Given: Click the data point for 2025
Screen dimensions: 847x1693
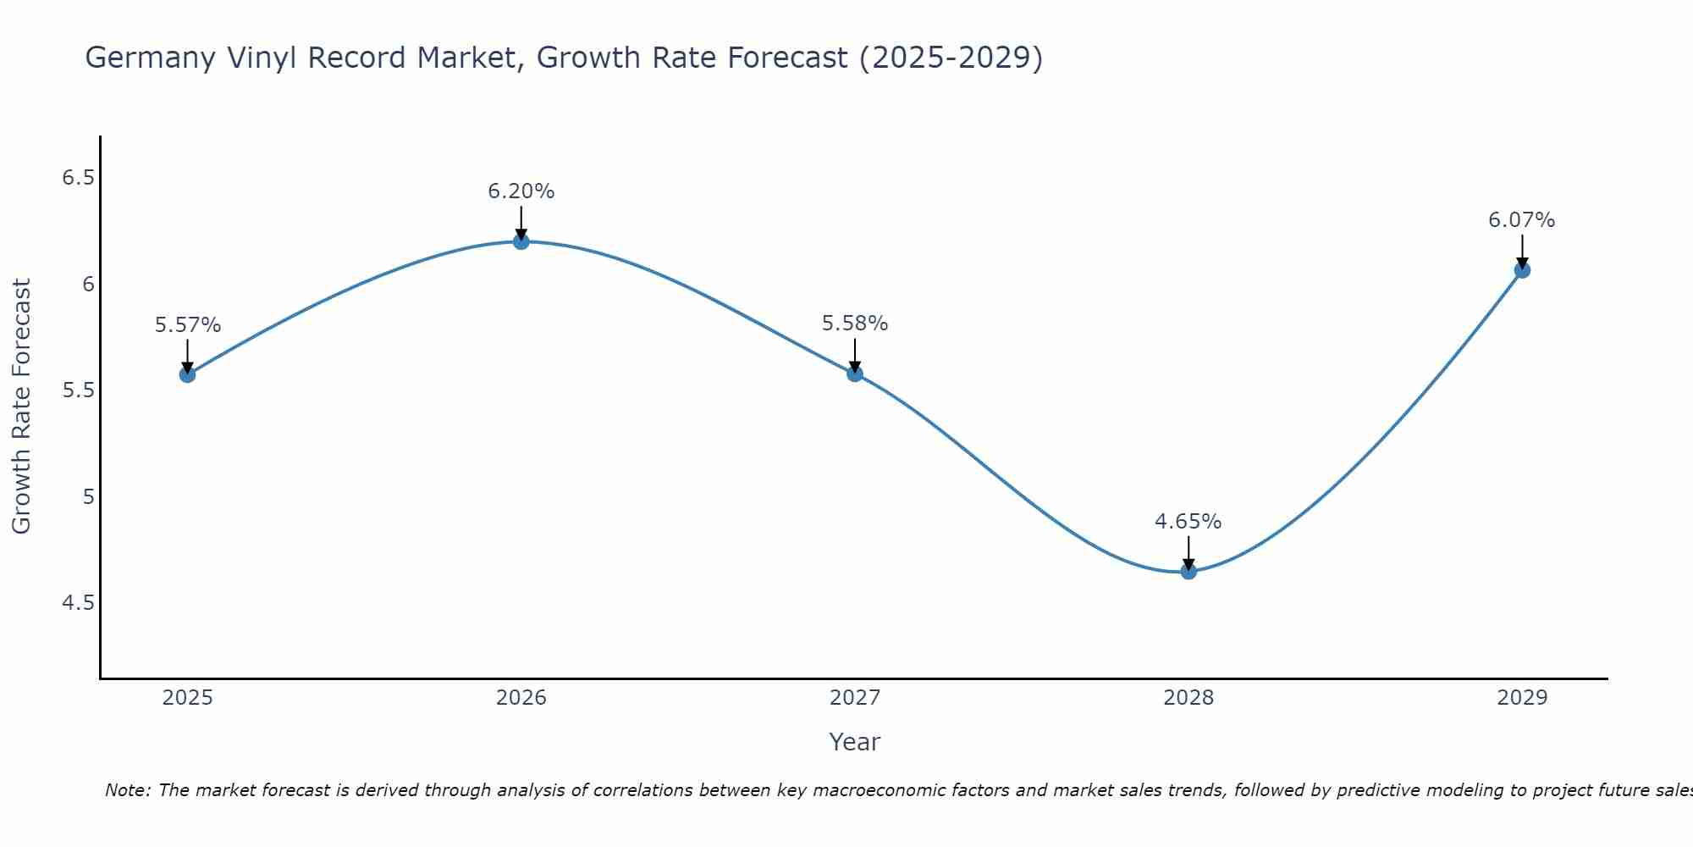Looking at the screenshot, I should pyautogui.click(x=187, y=374).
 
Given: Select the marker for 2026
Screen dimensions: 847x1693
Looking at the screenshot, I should pyautogui.click(x=521, y=241).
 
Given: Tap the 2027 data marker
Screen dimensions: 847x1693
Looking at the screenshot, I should pyautogui.click(x=855, y=373).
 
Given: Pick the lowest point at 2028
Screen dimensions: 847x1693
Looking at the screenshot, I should pyautogui.click(x=1188, y=571).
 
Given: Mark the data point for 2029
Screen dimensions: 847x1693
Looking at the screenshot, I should pyautogui.click(x=1522, y=270).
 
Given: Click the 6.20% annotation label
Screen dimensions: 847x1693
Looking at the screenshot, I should pyautogui.click(x=521, y=191).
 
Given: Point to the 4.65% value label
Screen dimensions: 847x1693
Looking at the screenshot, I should pyautogui.click(x=1188, y=522).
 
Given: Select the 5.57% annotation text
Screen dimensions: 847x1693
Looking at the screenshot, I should pyautogui.click(x=188, y=325).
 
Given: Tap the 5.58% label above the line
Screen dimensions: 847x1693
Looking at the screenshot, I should pyautogui.click(x=855, y=324).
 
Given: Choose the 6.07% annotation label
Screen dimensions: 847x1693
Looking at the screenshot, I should pyautogui.click(x=1522, y=220).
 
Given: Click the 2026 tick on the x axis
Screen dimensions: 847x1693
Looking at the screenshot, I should pyautogui.click(x=521, y=698).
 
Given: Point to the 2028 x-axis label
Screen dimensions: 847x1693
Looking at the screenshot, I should pyautogui.click(x=1188, y=698).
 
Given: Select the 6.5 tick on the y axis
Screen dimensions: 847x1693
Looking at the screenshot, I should pyautogui.click(x=79, y=178).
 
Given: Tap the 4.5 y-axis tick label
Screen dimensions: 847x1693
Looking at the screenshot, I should pyautogui.click(x=79, y=603).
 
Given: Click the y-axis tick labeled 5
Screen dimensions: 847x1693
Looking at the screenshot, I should pyautogui.click(x=89, y=496).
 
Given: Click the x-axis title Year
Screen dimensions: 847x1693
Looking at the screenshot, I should pyautogui.click(x=855, y=742).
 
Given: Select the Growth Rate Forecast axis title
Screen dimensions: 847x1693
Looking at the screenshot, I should pyautogui.click(x=21, y=407).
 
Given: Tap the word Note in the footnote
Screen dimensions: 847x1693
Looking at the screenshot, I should pyautogui.click(x=126, y=790).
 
